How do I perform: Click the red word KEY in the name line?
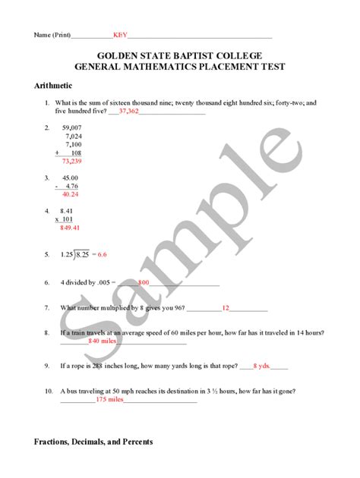point(121,35)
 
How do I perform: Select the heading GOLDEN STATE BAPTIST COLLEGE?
point(179,55)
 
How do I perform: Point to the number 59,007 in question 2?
point(72,127)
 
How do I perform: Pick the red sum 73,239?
point(72,161)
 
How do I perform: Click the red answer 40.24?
point(70,194)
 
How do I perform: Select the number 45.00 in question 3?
point(71,178)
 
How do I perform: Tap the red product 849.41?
point(70,227)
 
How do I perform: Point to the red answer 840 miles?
point(103,341)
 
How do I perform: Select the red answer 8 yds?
point(261,365)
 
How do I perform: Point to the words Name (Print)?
point(50,35)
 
